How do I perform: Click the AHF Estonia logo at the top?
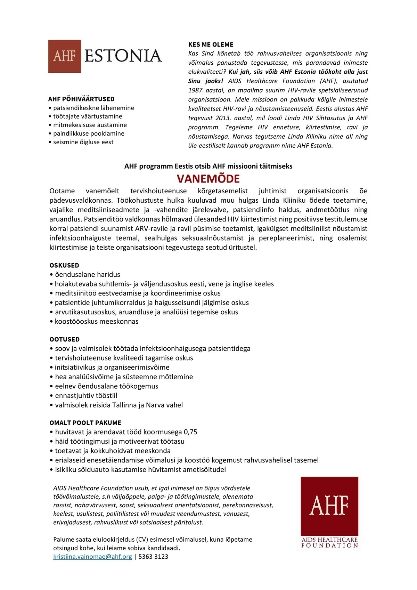point(105,56)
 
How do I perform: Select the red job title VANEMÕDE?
point(208,179)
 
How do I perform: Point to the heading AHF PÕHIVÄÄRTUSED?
point(81,99)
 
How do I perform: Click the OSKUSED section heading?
point(64,265)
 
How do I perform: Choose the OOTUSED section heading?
point(65,339)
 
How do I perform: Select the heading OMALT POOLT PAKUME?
point(85,423)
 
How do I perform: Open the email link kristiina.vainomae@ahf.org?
point(92,557)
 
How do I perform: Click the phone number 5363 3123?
point(153,557)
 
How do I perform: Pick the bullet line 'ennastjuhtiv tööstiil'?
point(86,396)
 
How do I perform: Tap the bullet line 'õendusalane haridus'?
point(87,275)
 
